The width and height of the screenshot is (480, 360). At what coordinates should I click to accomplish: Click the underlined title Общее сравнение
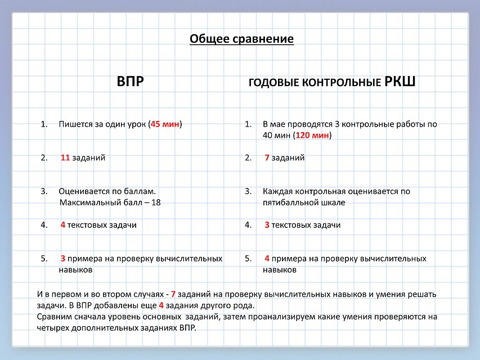[x=241, y=39]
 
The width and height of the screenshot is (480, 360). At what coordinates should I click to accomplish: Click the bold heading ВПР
[x=130, y=82]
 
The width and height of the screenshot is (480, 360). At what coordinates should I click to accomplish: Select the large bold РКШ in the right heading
[x=400, y=82]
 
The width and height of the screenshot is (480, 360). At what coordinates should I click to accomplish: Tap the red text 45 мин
[x=165, y=124]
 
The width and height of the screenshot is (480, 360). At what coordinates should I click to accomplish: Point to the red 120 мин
[x=312, y=136]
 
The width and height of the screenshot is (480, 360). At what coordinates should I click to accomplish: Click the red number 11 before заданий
[x=65, y=157]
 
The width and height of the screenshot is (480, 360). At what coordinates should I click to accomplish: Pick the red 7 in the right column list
[x=267, y=157]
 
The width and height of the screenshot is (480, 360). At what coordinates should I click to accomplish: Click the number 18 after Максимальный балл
[x=156, y=202]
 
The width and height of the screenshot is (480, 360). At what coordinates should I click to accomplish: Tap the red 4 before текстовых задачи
[x=63, y=225]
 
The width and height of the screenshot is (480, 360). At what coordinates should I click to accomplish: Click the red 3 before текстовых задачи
[x=267, y=225]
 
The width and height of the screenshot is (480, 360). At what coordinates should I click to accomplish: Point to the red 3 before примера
[x=63, y=259]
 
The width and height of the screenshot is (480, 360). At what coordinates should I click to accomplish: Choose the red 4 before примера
[x=267, y=259]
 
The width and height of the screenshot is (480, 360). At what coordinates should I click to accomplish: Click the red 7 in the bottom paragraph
[x=173, y=295]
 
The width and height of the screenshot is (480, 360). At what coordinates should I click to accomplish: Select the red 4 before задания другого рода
[x=162, y=305]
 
